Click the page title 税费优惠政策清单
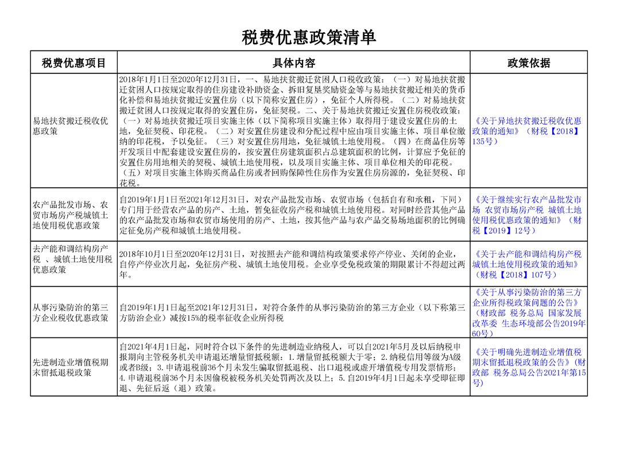[x=309, y=38]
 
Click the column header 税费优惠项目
[x=74, y=63]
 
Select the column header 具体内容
[x=294, y=63]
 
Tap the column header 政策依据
[x=529, y=63]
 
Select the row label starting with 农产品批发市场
[x=71, y=215]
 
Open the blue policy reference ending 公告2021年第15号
[x=529, y=367]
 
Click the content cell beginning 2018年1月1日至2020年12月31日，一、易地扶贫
[x=293, y=131]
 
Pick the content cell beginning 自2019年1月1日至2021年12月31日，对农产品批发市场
[x=293, y=215]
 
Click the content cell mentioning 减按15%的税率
[x=293, y=313]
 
